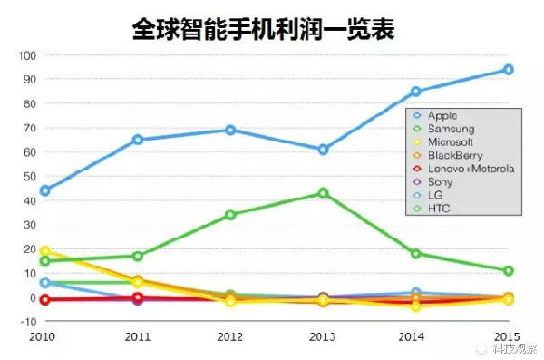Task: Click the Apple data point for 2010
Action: tap(44, 190)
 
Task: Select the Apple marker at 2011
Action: tap(138, 140)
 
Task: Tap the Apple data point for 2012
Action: tap(230, 130)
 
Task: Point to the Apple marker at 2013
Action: tap(323, 150)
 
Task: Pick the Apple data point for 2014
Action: tap(416, 92)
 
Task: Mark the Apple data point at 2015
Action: tap(509, 70)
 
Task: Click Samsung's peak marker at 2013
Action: tap(323, 193)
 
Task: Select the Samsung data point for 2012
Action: tap(230, 215)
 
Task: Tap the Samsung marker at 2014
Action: tap(416, 254)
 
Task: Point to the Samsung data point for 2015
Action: tap(509, 270)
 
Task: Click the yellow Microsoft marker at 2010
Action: tap(44, 251)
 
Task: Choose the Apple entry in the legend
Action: tap(442, 115)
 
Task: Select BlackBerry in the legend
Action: tap(454, 155)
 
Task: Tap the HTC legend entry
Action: tap(439, 209)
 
